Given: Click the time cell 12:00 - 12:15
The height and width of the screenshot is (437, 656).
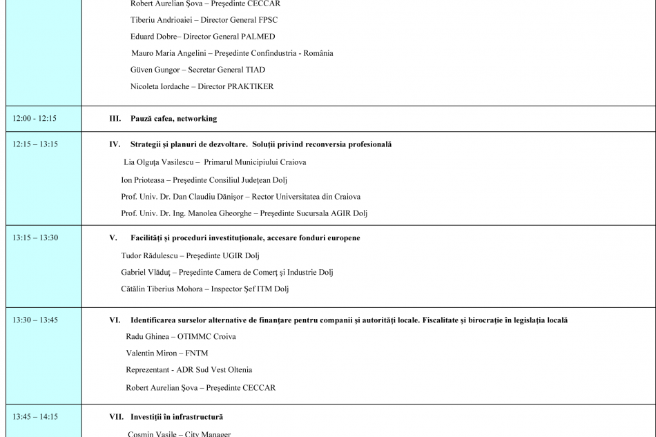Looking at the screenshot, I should point(35,119).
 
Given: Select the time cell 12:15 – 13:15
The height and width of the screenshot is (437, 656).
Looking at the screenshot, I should point(35,144).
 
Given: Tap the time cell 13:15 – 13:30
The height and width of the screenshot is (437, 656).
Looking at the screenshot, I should point(35,237).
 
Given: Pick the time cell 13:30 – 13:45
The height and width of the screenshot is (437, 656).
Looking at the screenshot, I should point(35,320).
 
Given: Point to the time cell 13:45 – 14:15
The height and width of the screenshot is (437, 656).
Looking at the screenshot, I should point(35,416).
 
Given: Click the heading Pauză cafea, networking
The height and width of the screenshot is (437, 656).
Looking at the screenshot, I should point(173,119).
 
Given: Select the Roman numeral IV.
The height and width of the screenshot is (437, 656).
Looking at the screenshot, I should point(115,144).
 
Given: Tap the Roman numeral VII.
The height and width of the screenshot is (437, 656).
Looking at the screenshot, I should point(116,417).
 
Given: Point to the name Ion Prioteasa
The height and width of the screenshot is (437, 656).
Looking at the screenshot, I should point(143,180).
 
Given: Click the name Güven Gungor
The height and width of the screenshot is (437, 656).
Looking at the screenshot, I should point(155,70).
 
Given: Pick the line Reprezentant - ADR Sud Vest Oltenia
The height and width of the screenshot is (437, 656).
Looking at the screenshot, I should point(189,370).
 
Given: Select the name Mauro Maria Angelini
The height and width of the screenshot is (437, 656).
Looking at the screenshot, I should point(171,53).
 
